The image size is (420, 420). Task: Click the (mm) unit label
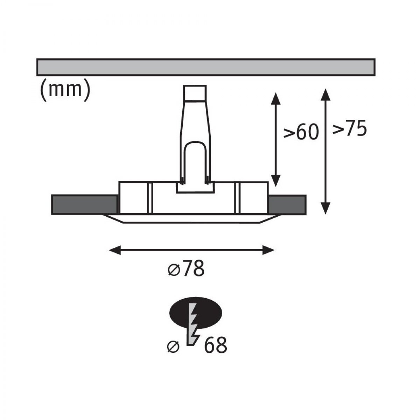65,90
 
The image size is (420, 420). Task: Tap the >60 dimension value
301,132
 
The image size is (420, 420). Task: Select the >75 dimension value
350,129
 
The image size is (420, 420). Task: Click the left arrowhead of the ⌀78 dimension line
115,250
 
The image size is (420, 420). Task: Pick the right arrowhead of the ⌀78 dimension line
268,250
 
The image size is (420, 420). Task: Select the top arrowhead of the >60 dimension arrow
276,98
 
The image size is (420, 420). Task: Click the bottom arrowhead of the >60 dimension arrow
276,181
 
